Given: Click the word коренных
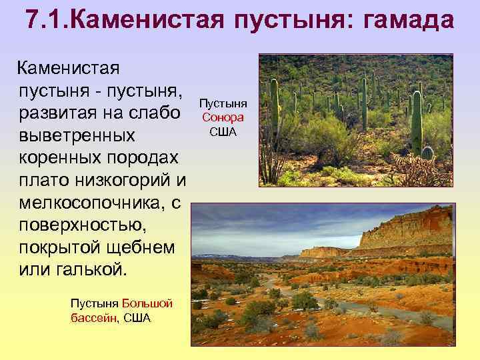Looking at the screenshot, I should pyautogui.click(x=57, y=157).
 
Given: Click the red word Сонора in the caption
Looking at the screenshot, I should pyautogui.click(x=223, y=117).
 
